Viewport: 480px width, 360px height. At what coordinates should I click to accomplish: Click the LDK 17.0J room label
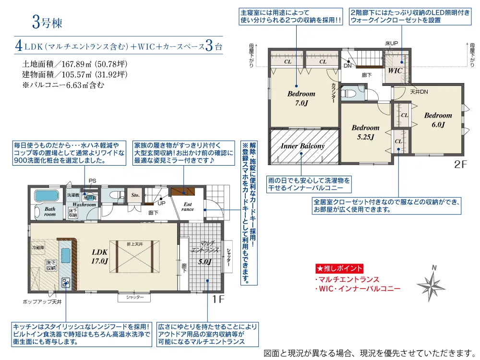tap(100, 256)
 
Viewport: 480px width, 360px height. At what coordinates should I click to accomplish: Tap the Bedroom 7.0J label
tap(301, 98)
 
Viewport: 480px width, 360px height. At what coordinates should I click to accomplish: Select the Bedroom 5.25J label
tap(365, 132)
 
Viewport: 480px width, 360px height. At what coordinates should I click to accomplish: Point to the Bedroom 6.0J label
tap(438, 120)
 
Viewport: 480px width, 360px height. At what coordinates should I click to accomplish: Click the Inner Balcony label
tap(302, 146)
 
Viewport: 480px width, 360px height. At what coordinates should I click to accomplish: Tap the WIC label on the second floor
tap(395, 71)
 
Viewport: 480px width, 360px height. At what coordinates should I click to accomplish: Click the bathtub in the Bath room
tap(47, 195)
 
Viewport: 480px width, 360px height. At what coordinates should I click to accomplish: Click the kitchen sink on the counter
tap(66, 256)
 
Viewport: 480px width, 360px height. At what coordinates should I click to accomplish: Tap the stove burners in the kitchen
tap(66, 283)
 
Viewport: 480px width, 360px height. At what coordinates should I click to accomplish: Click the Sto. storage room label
tap(135, 195)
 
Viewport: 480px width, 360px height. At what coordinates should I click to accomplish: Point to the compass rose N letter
tap(434, 268)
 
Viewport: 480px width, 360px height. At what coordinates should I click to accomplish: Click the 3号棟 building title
tap(47, 23)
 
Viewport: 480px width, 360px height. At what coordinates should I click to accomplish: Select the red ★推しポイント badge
tap(339, 268)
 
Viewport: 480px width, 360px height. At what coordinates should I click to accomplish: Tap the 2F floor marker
tap(460, 164)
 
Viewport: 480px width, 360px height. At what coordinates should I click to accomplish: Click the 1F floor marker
tap(218, 299)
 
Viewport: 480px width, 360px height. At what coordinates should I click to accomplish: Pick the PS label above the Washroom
tap(93, 181)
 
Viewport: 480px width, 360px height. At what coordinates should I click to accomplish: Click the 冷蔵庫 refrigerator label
tap(38, 247)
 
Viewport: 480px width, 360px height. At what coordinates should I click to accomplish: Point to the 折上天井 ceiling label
tap(135, 244)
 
